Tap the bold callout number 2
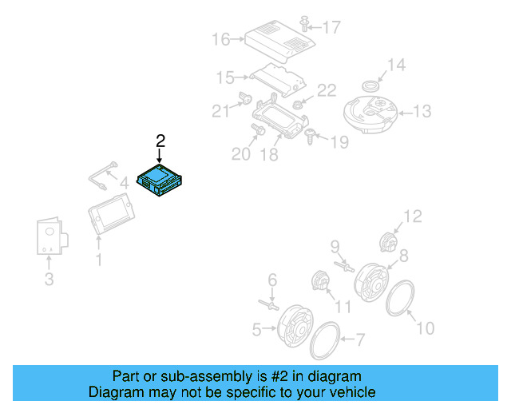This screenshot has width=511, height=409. pos(160,141)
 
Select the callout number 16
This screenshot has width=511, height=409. pos(221,39)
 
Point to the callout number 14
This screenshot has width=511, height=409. pos(397,65)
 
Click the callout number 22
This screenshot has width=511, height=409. pos(327,91)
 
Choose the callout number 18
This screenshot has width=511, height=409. pos(270,153)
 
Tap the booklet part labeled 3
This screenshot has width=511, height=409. pos(50,237)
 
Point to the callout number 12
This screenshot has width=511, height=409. pos(412,216)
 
